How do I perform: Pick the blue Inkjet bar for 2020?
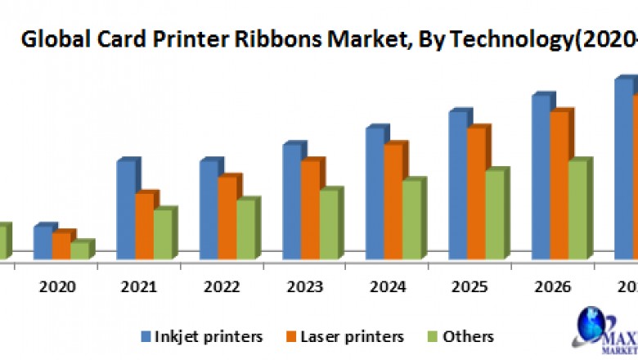click(43, 242)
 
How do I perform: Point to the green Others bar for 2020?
click(79, 250)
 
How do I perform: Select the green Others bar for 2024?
click(411, 219)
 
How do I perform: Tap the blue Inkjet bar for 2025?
click(457, 185)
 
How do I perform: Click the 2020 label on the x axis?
click(56, 287)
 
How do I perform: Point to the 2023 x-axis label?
click(305, 287)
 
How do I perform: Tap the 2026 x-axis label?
click(553, 287)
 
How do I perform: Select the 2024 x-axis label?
click(388, 287)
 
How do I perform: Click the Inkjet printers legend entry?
click(200, 336)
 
